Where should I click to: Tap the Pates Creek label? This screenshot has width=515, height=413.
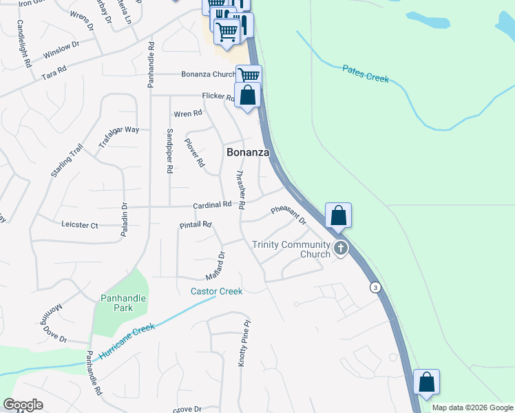(x=366, y=74)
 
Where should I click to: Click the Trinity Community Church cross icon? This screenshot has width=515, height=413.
(x=339, y=248)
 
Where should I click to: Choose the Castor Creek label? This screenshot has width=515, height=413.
(x=216, y=291)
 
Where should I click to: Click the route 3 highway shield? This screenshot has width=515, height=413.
(x=375, y=286)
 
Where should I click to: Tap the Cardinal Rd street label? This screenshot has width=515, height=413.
(x=212, y=205)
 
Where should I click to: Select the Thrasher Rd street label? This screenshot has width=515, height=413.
(x=241, y=190)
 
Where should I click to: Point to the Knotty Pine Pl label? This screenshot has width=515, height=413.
(x=242, y=342)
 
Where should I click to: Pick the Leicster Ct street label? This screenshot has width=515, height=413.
(x=80, y=225)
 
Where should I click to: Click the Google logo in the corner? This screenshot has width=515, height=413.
(x=23, y=405)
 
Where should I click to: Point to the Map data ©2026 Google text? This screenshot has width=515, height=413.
(x=472, y=407)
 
